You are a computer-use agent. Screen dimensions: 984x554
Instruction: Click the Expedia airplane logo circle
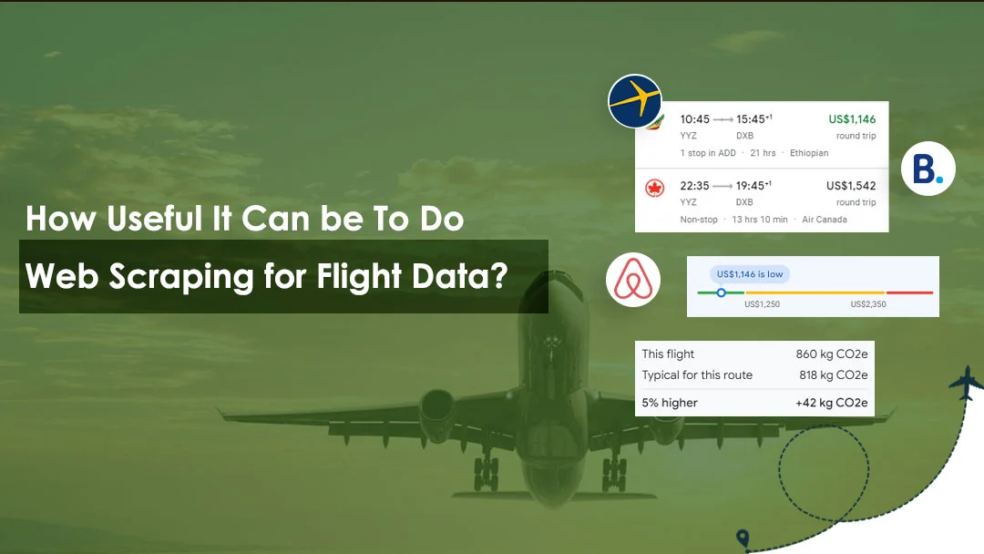point(635,101)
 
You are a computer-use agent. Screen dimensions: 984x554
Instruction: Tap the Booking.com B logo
point(928,169)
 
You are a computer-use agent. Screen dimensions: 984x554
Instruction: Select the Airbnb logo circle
point(633,280)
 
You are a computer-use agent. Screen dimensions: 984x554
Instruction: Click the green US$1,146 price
point(852,119)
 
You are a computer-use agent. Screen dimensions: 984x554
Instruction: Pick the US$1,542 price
point(851,186)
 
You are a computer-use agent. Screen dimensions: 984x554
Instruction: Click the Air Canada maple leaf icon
point(654,189)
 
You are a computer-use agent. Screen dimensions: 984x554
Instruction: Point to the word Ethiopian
point(809,153)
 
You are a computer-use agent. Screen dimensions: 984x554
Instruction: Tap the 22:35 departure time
point(694,186)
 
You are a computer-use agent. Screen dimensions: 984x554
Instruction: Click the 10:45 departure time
point(694,119)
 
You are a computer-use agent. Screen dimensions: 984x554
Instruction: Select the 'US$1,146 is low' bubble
point(749,274)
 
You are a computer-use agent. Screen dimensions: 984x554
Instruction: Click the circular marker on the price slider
point(721,292)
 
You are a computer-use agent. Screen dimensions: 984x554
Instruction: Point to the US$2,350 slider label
point(868,304)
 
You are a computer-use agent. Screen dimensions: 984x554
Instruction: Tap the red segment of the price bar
point(909,292)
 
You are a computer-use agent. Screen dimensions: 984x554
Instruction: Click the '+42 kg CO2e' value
point(832,403)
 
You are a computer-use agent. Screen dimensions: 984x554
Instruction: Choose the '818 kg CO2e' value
point(834,375)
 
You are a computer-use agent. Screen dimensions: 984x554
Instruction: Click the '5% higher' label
point(670,403)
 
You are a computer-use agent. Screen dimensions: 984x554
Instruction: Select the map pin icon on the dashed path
point(743,538)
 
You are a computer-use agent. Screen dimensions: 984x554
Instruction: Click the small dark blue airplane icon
point(965,383)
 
